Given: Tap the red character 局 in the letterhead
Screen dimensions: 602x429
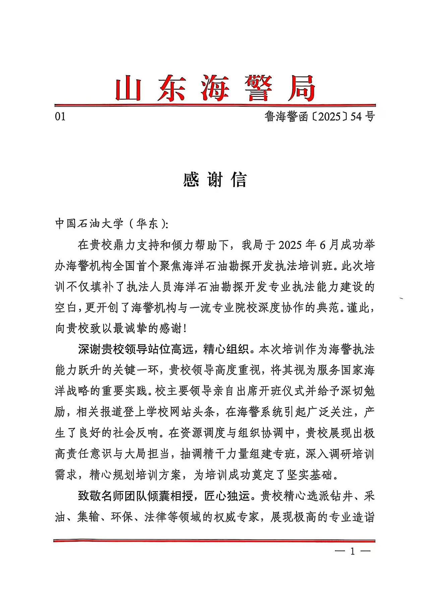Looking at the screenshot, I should [x=301, y=88].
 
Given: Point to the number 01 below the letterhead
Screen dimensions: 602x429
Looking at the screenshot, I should [x=60, y=116].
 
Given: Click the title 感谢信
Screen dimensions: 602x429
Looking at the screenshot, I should [x=214, y=180].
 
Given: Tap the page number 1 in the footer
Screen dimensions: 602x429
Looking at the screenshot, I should [x=352, y=551].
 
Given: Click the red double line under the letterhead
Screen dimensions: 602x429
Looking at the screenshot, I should [x=214, y=106].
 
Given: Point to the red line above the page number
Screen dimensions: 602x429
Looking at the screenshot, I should [x=214, y=540].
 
